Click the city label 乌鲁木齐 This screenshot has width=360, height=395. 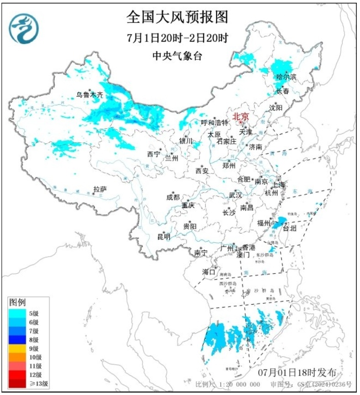point(89,95)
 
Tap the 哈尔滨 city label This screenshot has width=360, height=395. point(286,77)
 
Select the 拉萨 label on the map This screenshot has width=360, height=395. point(100,189)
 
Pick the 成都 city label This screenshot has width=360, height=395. point(173,197)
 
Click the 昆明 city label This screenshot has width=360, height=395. point(163,236)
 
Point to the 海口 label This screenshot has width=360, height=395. point(209,272)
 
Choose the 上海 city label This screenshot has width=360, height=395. point(279,185)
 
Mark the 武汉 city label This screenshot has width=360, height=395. point(235,195)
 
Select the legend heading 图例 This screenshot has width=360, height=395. point(18,302)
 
